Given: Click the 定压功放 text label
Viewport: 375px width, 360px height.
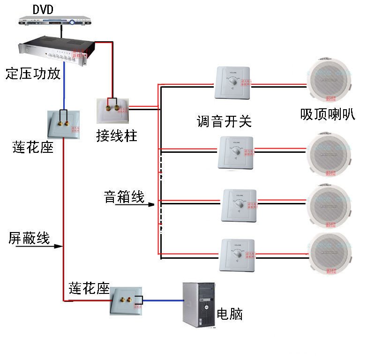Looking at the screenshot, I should pyautogui.click(x=33, y=74).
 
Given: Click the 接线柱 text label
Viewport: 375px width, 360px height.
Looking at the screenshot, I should pyautogui.click(x=117, y=136).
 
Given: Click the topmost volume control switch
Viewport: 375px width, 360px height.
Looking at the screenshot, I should pyautogui.click(x=233, y=83).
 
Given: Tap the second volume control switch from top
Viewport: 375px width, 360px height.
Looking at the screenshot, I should pyautogui.click(x=236, y=153).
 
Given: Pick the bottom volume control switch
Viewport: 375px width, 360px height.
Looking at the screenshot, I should pyautogui.click(x=237, y=255).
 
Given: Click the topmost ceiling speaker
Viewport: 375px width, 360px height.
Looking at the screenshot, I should pyautogui.click(x=328, y=81).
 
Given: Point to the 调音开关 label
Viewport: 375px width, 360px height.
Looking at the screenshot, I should pyautogui.click(x=224, y=121).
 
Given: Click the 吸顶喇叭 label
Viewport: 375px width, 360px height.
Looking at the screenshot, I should pyautogui.click(x=328, y=115).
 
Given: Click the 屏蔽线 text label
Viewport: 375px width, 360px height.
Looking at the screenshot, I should pyautogui.click(x=29, y=238).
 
